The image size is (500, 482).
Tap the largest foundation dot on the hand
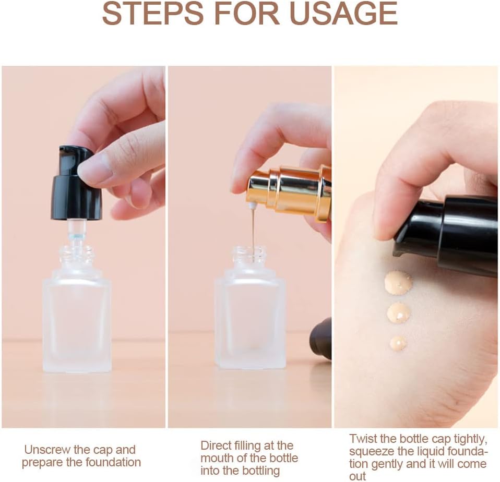tap(398, 282)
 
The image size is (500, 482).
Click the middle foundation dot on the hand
tap(399, 312)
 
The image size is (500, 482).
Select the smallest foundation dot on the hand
tap(398, 342)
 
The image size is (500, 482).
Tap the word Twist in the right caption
tap(363, 438)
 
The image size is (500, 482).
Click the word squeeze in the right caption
tap(371, 451)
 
